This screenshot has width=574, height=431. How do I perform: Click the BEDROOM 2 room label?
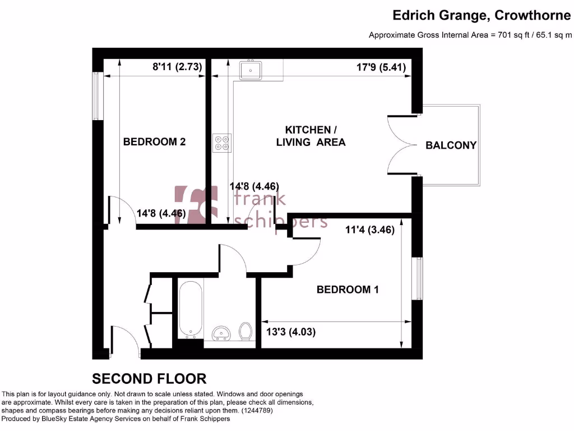(154, 142)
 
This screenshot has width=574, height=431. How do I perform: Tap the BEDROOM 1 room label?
(348, 290)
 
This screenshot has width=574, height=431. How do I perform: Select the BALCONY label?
(451, 145)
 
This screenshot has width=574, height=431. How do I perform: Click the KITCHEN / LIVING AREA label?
(311, 136)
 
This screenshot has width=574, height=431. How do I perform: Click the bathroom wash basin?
(223, 333)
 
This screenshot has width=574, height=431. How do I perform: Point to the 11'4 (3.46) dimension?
(369, 230)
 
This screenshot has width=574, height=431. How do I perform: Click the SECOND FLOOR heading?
(149, 378)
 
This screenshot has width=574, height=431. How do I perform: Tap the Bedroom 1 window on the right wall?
(417, 279)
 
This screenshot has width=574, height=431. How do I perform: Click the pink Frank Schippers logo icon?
(196, 204)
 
